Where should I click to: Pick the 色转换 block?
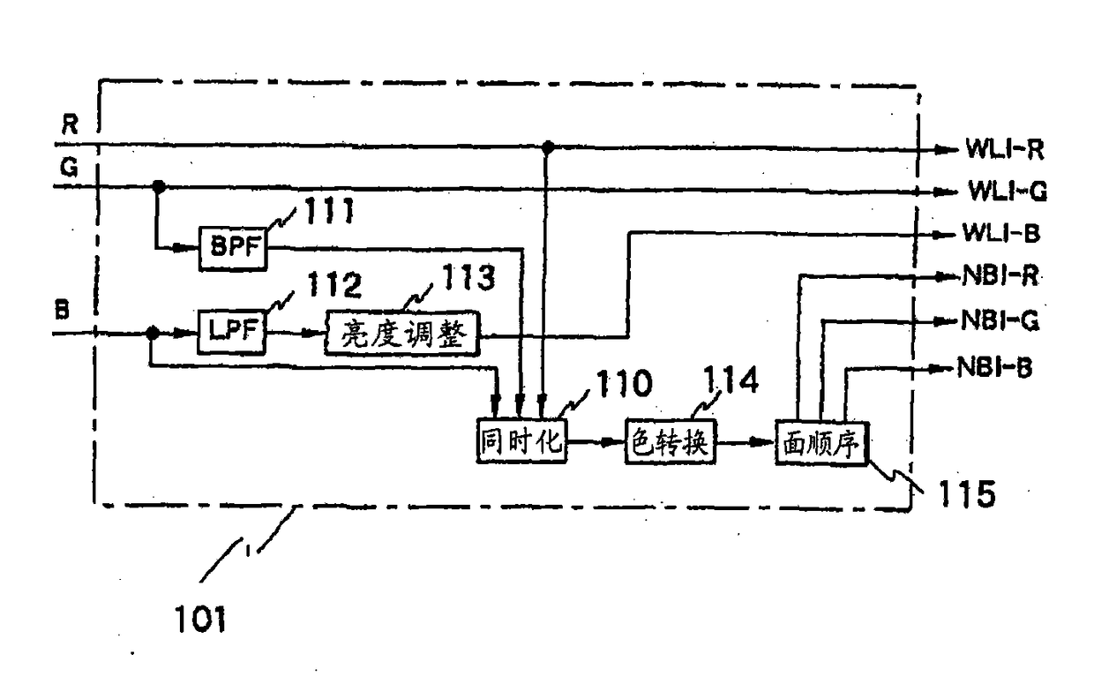(669, 441)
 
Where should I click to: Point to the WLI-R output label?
(1004, 149)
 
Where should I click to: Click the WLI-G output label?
(1004, 191)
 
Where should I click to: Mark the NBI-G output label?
(999, 322)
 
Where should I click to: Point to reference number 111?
(328, 212)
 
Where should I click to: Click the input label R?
(68, 124)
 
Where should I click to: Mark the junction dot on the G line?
(159, 186)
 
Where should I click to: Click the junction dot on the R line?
(548, 147)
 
